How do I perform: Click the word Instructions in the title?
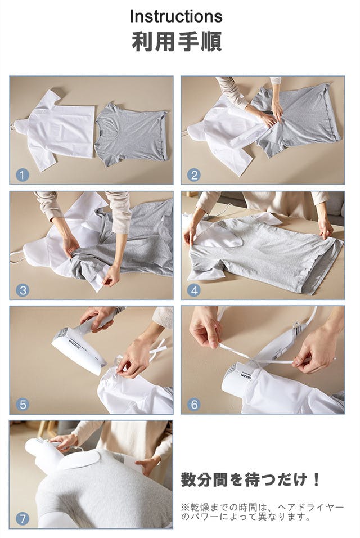tap(176, 16)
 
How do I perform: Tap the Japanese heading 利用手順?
tap(177, 42)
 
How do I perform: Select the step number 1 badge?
tap(22, 176)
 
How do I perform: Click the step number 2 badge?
tap(194, 176)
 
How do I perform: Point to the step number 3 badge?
tap(22, 290)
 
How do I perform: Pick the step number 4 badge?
tap(194, 290)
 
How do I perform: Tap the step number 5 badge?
tap(22, 405)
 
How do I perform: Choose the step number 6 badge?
tap(194, 405)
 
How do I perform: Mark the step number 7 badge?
tap(22, 518)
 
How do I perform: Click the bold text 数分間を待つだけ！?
tap(251, 479)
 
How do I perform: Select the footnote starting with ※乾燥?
tap(262, 512)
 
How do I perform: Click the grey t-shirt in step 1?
tap(132, 134)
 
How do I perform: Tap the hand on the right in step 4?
tap(325, 228)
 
